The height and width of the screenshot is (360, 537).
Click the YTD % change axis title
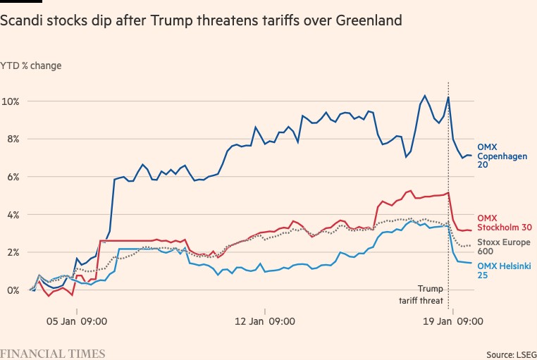tap(31, 66)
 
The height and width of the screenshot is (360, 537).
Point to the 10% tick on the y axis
tap(12, 101)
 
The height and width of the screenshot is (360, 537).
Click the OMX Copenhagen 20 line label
tap(502, 156)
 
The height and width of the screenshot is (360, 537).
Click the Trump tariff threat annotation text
tap(421, 294)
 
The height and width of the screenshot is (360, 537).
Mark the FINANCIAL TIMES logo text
tap(53, 353)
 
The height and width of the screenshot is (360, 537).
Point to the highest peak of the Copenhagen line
tap(425, 96)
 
